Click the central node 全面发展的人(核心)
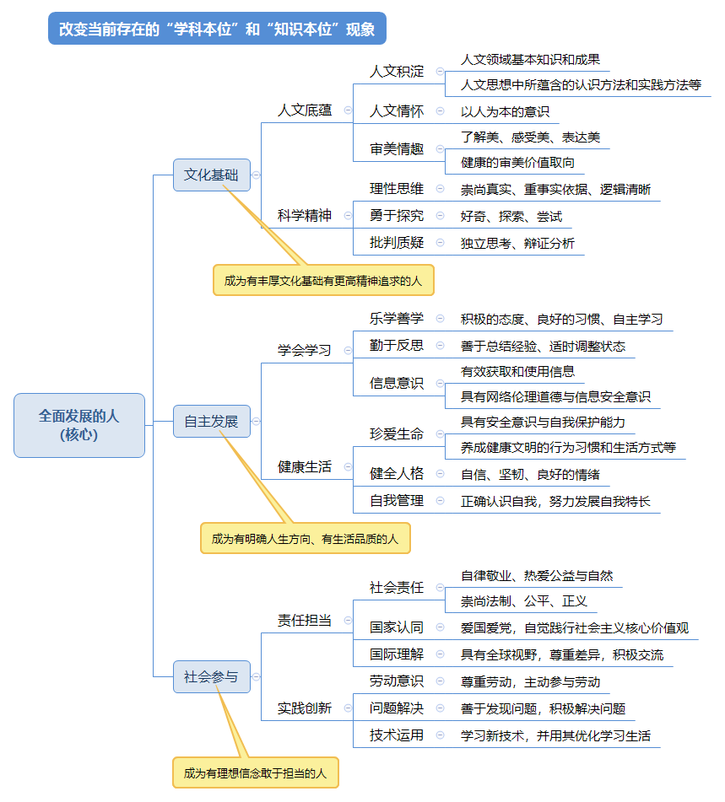point(79,425)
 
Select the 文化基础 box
point(211,175)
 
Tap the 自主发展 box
point(211,421)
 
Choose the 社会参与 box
point(211,676)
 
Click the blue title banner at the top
point(217,29)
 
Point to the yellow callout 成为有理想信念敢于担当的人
point(255,772)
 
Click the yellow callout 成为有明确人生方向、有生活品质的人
point(305,538)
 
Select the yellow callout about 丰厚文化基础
point(323,280)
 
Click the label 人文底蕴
point(305,110)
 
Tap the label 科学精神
point(305,215)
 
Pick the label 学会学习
point(305,350)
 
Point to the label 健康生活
point(305,466)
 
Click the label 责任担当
point(305,621)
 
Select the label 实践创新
point(305,708)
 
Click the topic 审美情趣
point(397,149)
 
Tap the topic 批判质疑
point(397,243)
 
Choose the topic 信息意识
point(397,383)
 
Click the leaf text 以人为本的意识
point(505,111)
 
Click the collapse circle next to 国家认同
point(440,627)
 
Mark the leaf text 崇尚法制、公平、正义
point(523,601)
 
